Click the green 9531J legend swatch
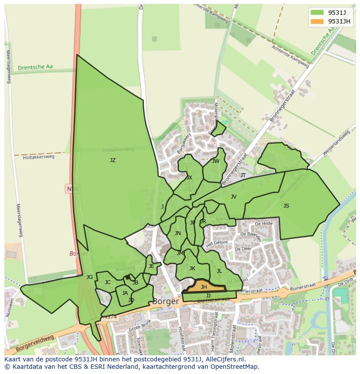(317, 12)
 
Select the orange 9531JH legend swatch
(317, 21)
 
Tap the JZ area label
(113, 160)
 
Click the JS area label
(286, 206)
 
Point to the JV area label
(233, 197)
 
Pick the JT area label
(243, 175)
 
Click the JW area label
(216, 161)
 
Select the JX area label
(189, 178)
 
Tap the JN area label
(177, 233)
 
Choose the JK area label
(192, 268)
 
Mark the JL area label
(219, 271)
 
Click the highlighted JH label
(203, 287)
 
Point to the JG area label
(90, 277)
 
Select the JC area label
(107, 282)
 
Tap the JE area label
(151, 266)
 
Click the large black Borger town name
(166, 301)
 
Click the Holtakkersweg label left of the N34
(39, 157)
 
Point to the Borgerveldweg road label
(35, 343)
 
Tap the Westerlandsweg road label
(337, 143)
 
